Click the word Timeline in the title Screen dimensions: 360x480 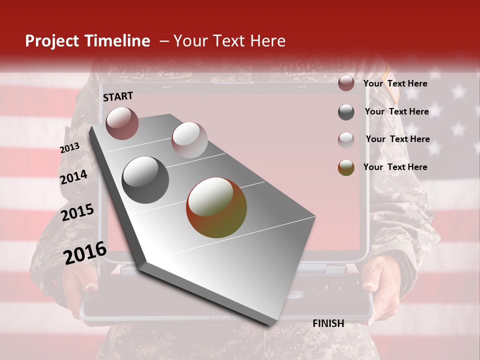point(118,41)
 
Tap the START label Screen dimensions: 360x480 point(118,96)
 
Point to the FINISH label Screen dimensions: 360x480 point(328,323)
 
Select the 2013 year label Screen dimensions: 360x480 point(69,148)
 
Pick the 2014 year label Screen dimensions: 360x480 point(73,177)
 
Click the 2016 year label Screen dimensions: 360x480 point(85,253)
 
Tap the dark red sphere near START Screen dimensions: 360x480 point(122,123)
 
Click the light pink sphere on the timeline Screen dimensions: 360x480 point(189,140)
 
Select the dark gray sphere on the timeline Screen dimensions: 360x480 point(145,179)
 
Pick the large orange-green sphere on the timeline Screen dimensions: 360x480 point(216,207)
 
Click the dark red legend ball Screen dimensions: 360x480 point(346,83)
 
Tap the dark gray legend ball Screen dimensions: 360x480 point(346,112)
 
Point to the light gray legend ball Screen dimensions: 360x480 point(346,140)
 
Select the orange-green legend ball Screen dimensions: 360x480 point(346,167)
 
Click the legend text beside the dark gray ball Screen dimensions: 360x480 point(396,111)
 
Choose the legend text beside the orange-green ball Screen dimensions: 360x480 point(395,167)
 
